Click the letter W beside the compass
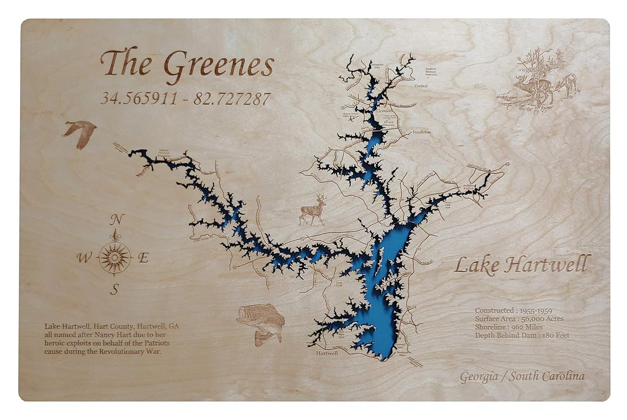[82, 259]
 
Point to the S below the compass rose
[116, 288]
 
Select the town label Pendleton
[421, 132]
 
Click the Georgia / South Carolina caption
[522, 377]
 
